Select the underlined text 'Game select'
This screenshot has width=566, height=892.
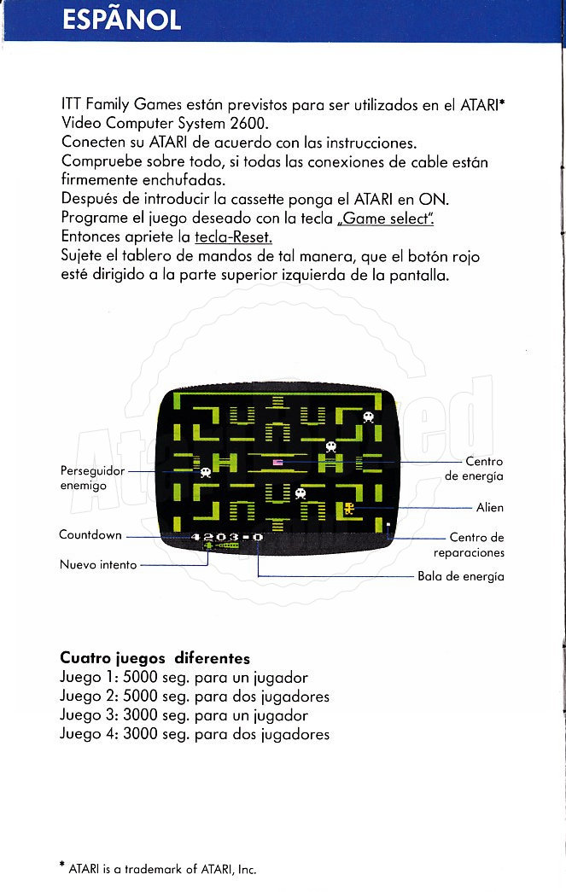(386, 218)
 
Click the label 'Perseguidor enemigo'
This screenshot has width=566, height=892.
(92, 478)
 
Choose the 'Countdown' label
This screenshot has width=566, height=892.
(90, 535)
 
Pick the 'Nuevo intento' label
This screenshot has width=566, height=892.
(98, 564)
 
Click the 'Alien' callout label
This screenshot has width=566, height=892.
(490, 508)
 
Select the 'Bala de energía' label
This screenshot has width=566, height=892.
(461, 576)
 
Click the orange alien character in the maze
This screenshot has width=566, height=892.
(349, 509)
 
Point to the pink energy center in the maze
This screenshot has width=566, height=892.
(277, 462)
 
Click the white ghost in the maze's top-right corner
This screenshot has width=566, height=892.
(368, 417)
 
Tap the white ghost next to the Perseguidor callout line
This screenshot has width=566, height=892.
(205, 471)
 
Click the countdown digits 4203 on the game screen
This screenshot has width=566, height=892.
(215, 537)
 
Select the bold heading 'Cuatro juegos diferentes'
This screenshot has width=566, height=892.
(155, 658)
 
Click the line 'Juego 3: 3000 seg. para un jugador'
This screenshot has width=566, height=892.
(184, 715)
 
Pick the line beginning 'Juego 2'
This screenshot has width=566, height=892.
(195, 697)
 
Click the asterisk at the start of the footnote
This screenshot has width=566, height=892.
(62, 868)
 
